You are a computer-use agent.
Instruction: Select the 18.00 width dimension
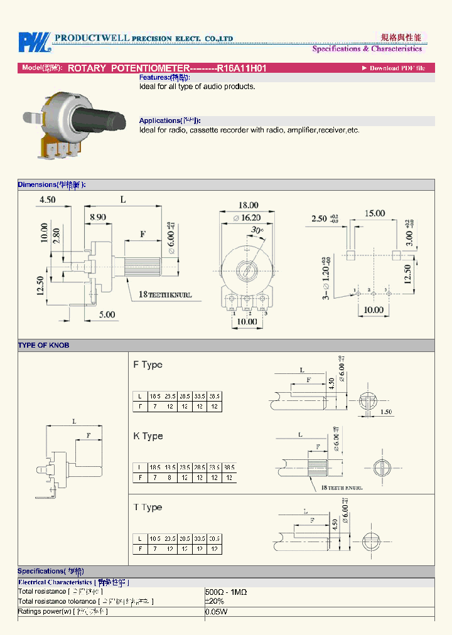tap(248, 205)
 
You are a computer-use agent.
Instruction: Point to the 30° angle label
tap(257, 230)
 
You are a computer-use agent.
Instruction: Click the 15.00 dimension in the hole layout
tap(375, 213)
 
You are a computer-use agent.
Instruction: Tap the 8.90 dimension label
tap(97, 216)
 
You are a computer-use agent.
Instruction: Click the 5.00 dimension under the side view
tap(107, 314)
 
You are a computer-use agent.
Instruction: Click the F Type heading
tap(148, 365)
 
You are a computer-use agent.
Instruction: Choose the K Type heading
tap(148, 436)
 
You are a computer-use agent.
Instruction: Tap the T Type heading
tap(148, 508)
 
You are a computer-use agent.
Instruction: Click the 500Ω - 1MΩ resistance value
tap(226, 592)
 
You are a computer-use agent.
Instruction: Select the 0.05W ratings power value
tap(217, 611)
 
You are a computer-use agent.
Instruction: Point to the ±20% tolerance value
tap(215, 601)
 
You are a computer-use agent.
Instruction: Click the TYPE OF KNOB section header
tap(43, 346)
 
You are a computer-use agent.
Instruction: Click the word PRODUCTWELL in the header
tap(92, 38)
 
